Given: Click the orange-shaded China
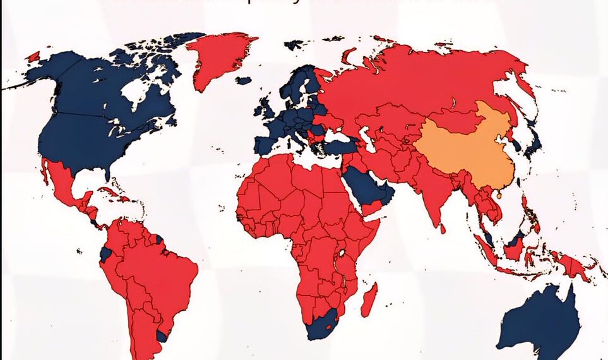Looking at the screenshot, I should pos(464,148).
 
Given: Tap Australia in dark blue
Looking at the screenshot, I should pos(543,322).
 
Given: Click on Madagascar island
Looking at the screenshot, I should pos(369,299).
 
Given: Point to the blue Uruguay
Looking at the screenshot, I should pos(162,335).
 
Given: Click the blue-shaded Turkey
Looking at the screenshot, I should pos(338,146).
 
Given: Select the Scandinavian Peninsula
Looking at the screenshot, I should pos(297,85).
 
